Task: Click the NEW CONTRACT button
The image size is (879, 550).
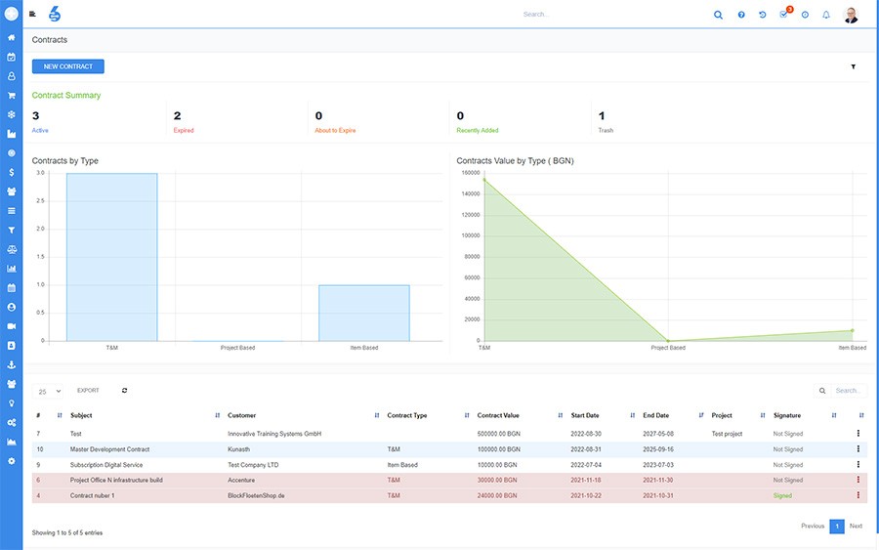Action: (67, 66)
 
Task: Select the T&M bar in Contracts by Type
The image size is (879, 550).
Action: (112, 257)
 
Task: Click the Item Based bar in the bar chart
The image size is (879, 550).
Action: (364, 313)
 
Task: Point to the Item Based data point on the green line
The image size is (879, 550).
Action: (852, 331)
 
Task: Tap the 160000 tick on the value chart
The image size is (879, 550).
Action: (471, 173)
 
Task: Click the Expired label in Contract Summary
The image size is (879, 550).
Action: (184, 131)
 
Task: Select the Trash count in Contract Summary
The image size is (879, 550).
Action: (602, 116)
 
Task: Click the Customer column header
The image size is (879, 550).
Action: (241, 415)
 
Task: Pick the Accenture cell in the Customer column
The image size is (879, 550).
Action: (241, 480)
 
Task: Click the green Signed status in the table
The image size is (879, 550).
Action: (782, 495)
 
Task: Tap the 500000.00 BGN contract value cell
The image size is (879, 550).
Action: (499, 434)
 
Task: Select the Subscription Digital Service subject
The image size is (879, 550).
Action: (106, 465)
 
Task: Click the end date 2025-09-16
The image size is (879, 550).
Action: (658, 449)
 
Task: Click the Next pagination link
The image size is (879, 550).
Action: (856, 526)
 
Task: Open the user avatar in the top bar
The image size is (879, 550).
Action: (851, 15)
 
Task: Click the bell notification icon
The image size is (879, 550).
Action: (826, 15)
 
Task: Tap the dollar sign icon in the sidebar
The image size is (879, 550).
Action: (11, 172)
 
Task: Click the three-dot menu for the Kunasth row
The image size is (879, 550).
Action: (858, 449)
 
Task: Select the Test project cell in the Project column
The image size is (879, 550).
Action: (727, 434)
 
